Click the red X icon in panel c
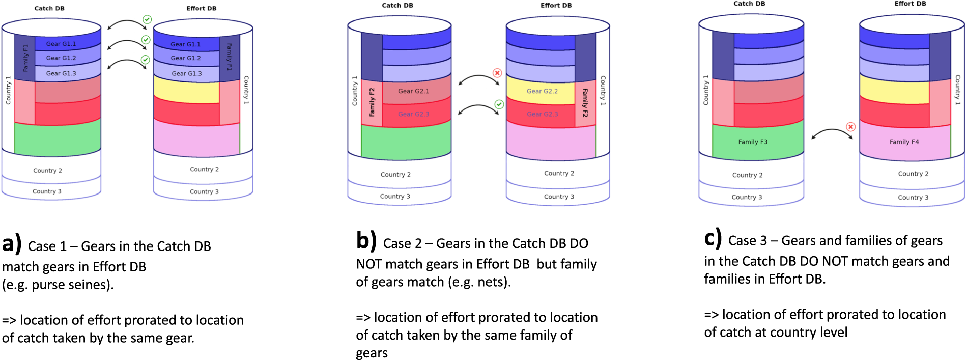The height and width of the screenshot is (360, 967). [x=850, y=127]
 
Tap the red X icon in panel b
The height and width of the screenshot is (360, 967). [x=497, y=73]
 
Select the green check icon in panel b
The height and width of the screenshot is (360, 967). [x=499, y=104]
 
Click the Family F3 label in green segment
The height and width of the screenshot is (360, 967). [x=753, y=142]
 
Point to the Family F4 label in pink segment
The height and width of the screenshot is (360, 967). [x=904, y=142]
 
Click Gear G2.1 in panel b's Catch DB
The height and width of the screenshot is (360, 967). [x=413, y=91]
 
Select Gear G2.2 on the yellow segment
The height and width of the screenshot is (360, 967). [x=542, y=91]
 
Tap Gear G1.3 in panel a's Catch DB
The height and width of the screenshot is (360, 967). [x=61, y=73]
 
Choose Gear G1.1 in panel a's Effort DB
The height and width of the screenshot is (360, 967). [x=185, y=44]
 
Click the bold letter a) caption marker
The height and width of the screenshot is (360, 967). [x=12, y=244]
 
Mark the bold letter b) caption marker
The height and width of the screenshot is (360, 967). [x=366, y=241]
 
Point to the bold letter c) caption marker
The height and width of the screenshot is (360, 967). [x=713, y=238]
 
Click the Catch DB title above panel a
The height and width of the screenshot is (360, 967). [x=49, y=8]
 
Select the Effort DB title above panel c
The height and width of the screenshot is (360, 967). [x=910, y=4]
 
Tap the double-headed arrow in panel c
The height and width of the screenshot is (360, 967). [x=832, y=134]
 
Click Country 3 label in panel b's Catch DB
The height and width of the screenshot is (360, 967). [x=394, y=196]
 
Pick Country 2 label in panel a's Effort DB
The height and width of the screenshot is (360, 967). [x=204, y=169]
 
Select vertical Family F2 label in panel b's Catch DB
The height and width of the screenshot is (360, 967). [x=372, y=102]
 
